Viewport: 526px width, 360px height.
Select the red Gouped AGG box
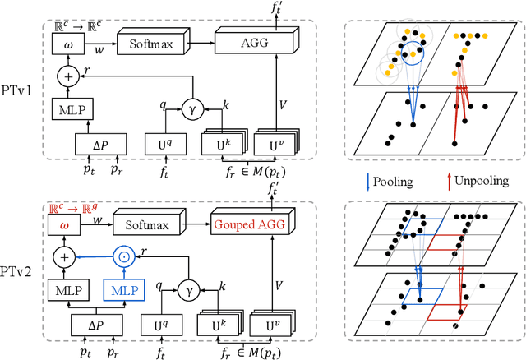[253, 224]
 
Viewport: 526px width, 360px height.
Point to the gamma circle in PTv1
[191, 108]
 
